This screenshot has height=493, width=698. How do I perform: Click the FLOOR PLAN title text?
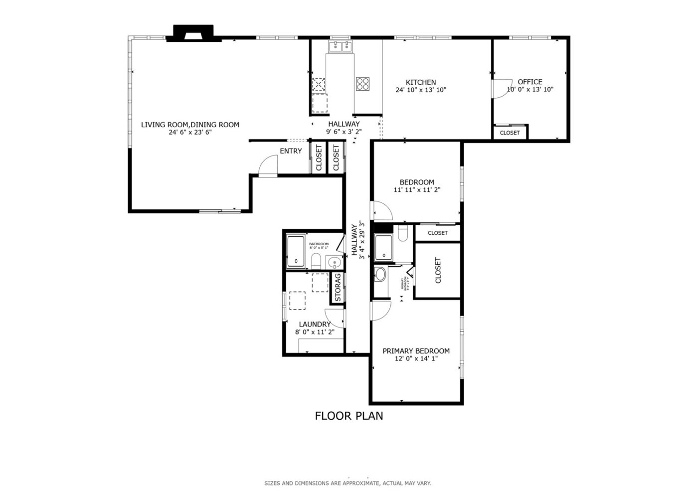click(349, 416)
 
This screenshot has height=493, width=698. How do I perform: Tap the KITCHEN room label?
click(421, 82)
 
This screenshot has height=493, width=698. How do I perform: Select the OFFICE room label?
click(530, 82)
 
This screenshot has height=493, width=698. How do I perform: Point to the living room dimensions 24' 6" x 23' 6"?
click(190, 133)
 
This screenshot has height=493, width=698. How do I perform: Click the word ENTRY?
click(291, 151)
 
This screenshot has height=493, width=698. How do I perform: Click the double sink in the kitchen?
click(340, 47)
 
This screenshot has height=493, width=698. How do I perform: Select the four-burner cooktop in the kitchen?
click(363, 83)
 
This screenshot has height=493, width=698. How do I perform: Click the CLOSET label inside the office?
click(510, 133)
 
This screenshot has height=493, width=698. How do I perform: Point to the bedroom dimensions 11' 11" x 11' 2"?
click(417, 190)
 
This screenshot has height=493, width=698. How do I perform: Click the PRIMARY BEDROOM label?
click(416, 351)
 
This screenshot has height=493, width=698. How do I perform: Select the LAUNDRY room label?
click(315, 324)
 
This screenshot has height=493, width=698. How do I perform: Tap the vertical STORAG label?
click(338, 288)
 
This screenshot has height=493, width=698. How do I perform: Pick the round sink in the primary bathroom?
click(380, 274)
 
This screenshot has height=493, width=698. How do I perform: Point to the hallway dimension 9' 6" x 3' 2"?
click(344, 132)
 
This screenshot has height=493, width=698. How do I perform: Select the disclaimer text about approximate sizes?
click(348, 483)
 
